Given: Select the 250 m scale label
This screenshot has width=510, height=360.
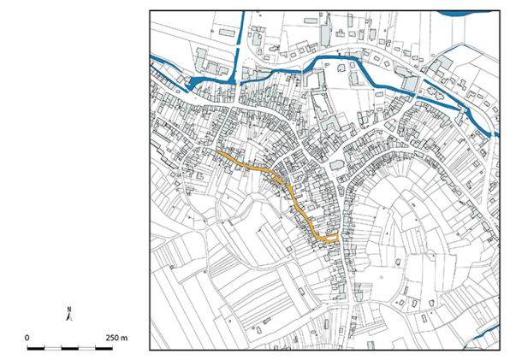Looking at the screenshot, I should (x=116, y=338).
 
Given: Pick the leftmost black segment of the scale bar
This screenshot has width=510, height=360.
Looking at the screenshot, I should (x=35, y=349).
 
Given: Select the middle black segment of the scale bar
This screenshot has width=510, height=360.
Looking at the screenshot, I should (x=69, y=349).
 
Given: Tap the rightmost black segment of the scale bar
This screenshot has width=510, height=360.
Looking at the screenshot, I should (x=104, y=349).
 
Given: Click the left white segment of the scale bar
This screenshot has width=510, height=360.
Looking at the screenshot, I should (x=52, y=349).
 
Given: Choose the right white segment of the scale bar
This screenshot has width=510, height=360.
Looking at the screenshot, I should (x=86, y=349).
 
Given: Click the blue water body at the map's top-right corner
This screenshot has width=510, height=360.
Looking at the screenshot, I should (x=466, y=14).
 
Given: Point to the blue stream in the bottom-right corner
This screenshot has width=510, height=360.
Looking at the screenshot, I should (x=479, y=339).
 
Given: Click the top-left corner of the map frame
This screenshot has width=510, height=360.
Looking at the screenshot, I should (x=150, y=11).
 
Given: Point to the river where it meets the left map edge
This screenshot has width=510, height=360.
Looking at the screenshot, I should (x=152, y=57).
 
